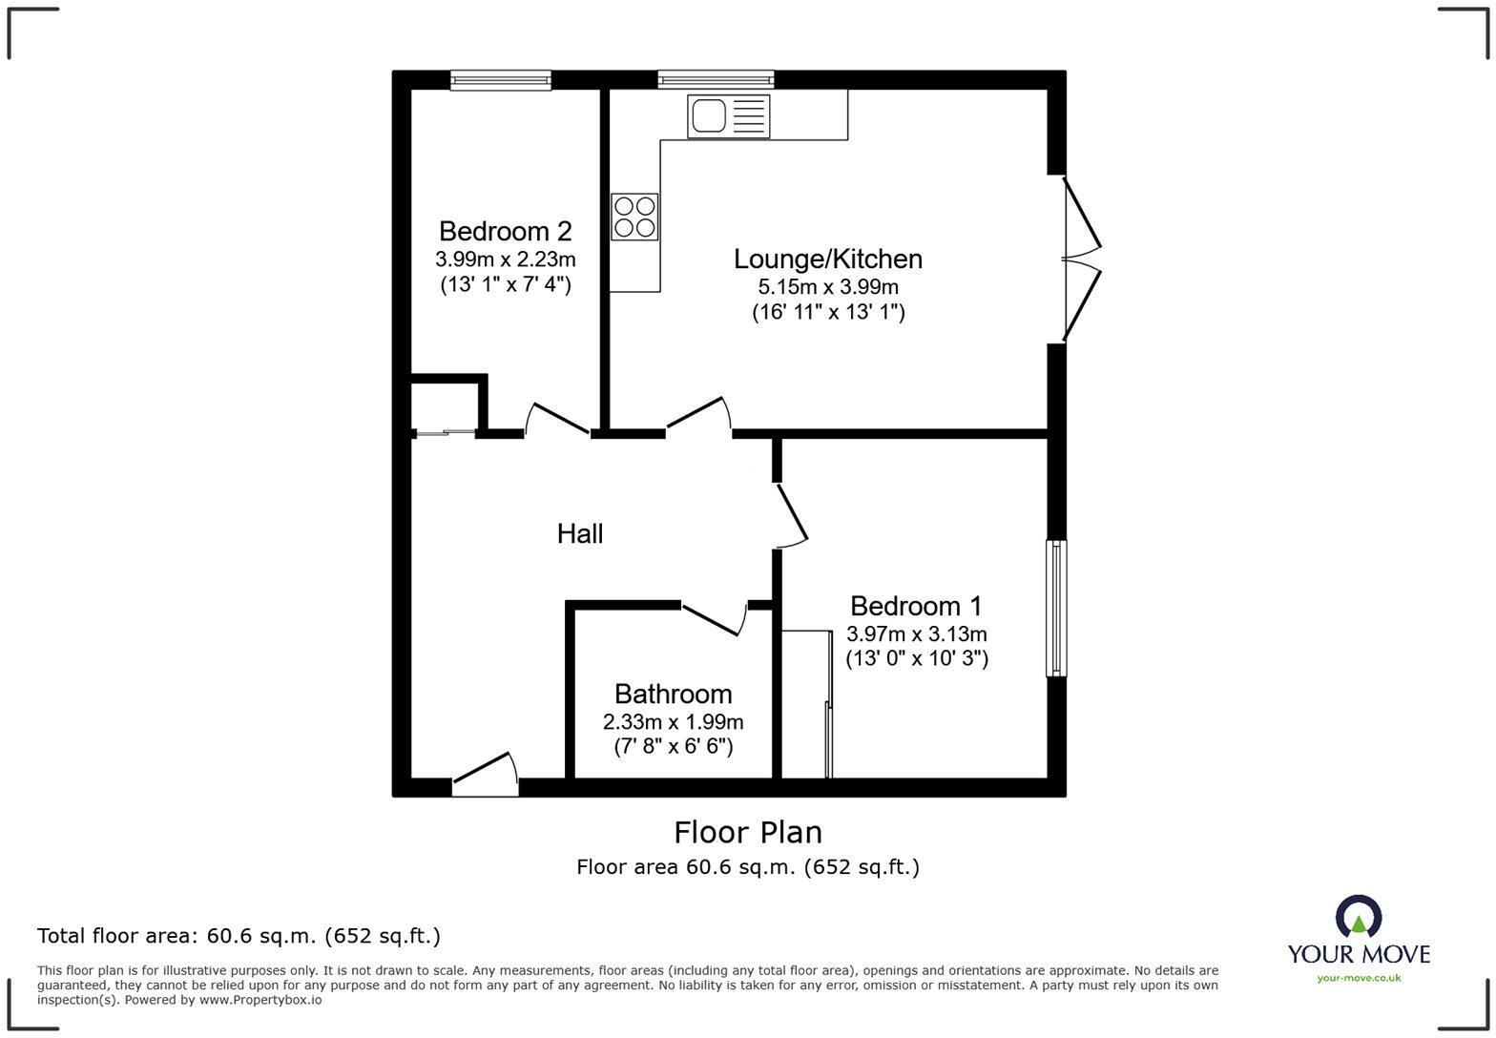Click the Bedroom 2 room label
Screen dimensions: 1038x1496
coord(505,231)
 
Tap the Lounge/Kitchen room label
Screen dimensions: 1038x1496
coord(827,259)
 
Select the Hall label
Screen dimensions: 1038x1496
coord(579,533)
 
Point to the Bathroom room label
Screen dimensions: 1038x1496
coord(673,694)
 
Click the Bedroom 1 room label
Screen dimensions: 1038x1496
coord(916,606)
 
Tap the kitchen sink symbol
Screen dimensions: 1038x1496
coord(728,116)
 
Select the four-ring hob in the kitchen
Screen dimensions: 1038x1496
coord(634,217)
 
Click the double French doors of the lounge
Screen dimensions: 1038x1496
coord(1081,259)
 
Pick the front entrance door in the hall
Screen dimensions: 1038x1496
coord(485,775)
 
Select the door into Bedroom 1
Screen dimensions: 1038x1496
coord(791,516)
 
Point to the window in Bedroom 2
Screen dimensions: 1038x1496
coord(501,81)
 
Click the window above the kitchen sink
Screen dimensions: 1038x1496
coord(716,81)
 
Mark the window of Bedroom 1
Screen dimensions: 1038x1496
coord(1056,609)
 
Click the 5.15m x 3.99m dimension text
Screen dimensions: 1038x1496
coord(827,286)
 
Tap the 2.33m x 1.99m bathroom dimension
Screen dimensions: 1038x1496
coord(673,722)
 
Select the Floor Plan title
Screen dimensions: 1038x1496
coord(748,833)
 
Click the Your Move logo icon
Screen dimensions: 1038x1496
coord(1359,917)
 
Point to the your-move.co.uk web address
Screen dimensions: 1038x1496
coord(1359,977)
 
